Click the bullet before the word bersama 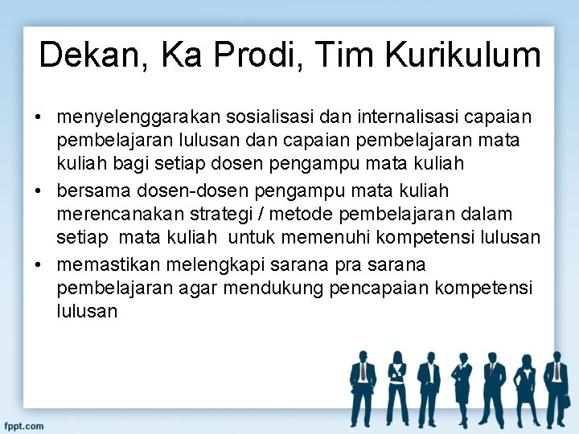pos(39,191)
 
